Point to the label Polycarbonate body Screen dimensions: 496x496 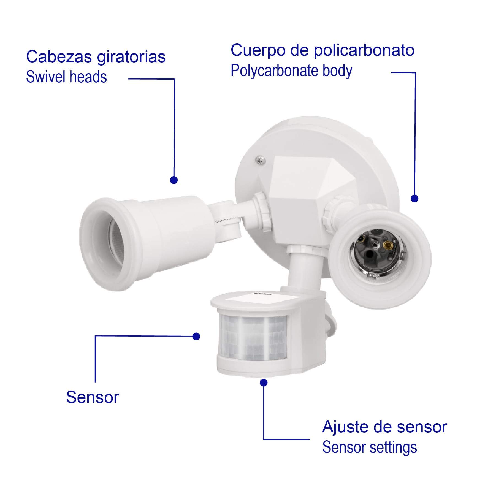[x=291, y=71]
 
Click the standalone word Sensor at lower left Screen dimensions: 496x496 [x=93, y=397]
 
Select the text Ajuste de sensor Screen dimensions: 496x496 [x=385, y=427]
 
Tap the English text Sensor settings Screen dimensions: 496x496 [x=370, y=448]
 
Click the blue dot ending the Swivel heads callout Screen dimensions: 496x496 [x=174, y=180]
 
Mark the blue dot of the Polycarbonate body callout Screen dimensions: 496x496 [x=414, y=199]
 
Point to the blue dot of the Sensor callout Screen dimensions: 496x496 [x=196, y=336]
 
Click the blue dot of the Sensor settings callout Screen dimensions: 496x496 [x=264, y=383]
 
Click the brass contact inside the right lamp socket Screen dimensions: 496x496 [x=388, y=244]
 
